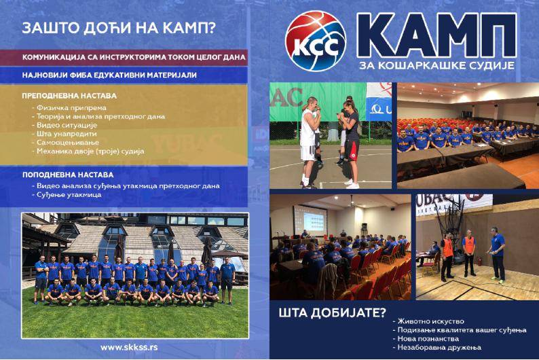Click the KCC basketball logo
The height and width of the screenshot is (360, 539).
click(x=316, y=41)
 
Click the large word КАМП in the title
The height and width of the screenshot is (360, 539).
click(x=436, y=36)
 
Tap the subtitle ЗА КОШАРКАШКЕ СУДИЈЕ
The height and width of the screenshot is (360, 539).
click(x=436, y=65)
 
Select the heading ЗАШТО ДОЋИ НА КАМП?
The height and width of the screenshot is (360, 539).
click(x=119, y=28)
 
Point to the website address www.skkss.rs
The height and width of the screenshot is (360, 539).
click(x=129, y=347)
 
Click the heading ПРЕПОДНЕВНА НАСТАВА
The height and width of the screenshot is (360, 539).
click(x=69, y=96)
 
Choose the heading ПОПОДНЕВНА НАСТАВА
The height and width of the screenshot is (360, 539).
click(x=68, y=175)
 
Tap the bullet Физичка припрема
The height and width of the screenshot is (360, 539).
click(x=69, y=108)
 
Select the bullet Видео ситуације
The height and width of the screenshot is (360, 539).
click(x=64, y=125)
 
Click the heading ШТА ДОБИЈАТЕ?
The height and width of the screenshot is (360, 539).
click(x=333, y=313)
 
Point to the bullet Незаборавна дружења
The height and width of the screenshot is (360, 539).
click(x=437, y=347)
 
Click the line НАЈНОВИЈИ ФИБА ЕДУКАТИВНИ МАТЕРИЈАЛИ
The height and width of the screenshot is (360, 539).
click(x=109, y=75)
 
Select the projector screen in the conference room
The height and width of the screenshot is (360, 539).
click(x=310, y=220)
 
